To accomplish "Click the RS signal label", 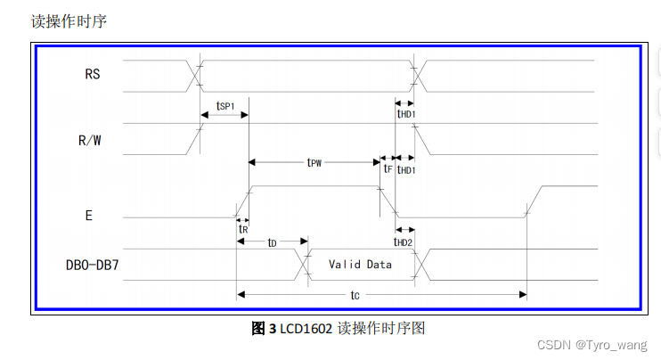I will tap(93, 75).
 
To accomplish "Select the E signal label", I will tap(89, 216).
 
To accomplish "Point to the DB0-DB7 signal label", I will tap(93, 264).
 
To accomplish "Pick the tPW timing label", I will tap(314, 163).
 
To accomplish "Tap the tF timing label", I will tap(388, 168).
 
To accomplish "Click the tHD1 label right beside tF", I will tap(406, 169).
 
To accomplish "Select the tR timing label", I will tap(242, 229).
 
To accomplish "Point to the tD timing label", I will tap(272, 242).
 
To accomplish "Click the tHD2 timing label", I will tap(404, 241).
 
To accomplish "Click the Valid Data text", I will tap(360, 265).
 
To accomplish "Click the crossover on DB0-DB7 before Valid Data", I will tap(302, 264).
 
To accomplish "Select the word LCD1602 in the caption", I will tap(306, 329).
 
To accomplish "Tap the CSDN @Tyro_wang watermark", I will tap(600, 344).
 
